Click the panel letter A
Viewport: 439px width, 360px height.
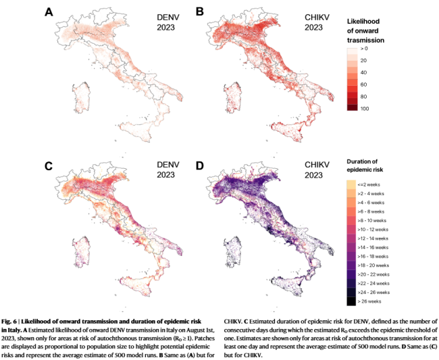tap(49, 12)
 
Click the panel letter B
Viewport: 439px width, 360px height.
tap(200, 12)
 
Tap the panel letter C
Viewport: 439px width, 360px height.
tap(49, 166)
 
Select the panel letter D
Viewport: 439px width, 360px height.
tap(200, 165)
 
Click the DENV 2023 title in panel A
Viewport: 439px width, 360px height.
tap(167, 22)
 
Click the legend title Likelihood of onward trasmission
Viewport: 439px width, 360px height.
tap(365, 31)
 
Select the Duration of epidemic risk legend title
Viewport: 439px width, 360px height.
tap(365, 165)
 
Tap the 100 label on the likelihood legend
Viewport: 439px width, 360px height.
tap(365, 109)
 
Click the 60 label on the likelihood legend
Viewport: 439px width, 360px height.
tap(363, 84)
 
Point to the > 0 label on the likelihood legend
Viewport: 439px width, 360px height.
tap(364, 49)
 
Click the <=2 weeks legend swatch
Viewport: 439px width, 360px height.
tap(351, 184)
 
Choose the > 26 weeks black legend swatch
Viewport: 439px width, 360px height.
tap(351, 301)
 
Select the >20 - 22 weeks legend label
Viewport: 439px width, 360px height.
tap(373, 274)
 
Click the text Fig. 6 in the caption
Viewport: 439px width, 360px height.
tap(9, 322)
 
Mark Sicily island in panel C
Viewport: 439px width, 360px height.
tap(138, 285)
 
